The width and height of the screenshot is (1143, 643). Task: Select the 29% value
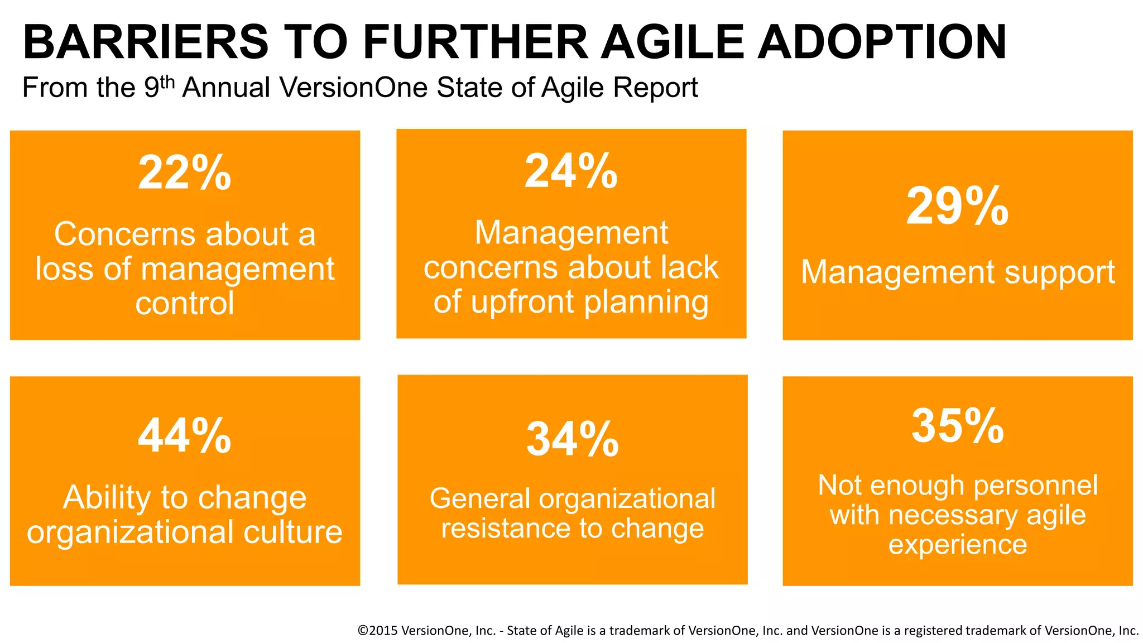(957, 207)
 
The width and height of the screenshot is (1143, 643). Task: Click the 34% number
(572, 439)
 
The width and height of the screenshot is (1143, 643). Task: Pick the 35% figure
(958, 426)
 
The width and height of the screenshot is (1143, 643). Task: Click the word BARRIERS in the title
(146, 42)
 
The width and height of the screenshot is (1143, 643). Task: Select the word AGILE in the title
(673, 42)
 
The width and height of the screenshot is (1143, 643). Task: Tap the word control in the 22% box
(185, 304)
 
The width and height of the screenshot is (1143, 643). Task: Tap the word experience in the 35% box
(958, 544)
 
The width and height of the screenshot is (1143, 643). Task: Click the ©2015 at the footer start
(377, 631)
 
